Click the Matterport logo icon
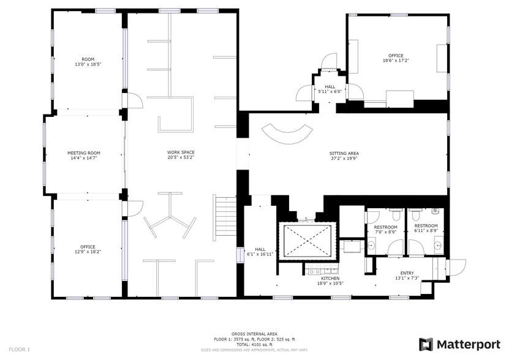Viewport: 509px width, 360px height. click(426, 344)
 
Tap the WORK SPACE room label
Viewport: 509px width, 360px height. click(181, 152)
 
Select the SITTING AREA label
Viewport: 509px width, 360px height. click(344, 152)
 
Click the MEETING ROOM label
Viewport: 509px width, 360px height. click(83, 152)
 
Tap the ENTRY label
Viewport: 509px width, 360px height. click(407, 273)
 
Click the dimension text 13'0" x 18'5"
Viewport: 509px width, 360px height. click(88, 64)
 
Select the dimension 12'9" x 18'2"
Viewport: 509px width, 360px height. click(88, 252)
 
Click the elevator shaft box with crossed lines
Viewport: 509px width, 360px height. click(307, 241)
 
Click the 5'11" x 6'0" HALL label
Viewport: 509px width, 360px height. click(330, 89)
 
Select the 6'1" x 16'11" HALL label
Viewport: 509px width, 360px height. click(260, 251)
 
